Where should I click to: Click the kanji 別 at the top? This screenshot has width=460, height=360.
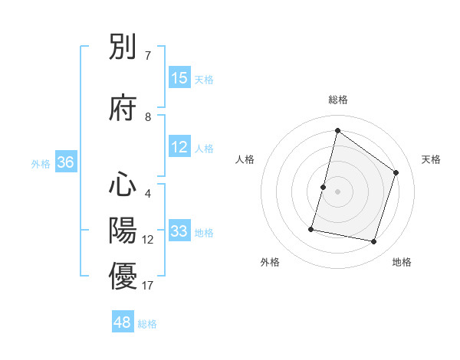pyautogui.click(x=123, y=48)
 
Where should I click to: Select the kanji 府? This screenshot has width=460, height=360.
pyautogui.click(x=123, y=109)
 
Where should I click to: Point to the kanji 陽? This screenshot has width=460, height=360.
pyautogui.click(x=123, y=230)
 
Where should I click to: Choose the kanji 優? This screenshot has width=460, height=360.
pyautogui.click(x=123, y=276)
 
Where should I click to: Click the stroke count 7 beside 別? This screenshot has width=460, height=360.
pyautogui.click(x=148, y=56)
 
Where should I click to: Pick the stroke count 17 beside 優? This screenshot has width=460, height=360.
pyautogui.click(x=148, y=286)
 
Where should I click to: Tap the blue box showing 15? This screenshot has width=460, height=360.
pyautogui.click(x=179, y=78)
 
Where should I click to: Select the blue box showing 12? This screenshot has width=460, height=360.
pyautogui.click(x=179, y=147)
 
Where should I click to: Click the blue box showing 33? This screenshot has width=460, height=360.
pyautogui.click(x=179, y=231)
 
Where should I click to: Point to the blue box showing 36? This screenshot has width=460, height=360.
pyautogui.click(x=65, y=162)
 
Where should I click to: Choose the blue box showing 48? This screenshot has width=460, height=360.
pyautogui.click(x=123, y=322)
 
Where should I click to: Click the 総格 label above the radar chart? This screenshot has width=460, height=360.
pyautogui.click(x=338, y=100)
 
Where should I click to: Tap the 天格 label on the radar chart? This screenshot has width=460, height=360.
pyautogui.click(x=432, y=159)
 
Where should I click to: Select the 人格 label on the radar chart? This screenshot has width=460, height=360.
pyautogui.click(x=245, y=159)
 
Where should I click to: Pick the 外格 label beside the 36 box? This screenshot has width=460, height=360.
pyautogui.click(x=40, y=163)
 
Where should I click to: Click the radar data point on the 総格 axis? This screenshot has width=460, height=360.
pyautogui.click(x=337, y=130)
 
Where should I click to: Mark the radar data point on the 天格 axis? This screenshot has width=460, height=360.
pyautogui.click(x=396, y=172)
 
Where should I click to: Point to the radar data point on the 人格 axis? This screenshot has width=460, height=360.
pyautogui.click(x=324, y=187)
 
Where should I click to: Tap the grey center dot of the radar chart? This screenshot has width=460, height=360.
pyautogui.click(x=337, y=191)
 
